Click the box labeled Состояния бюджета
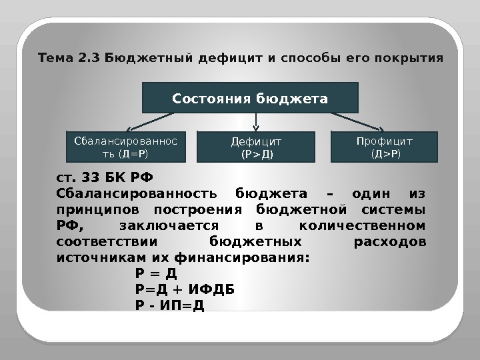pyautogui.click(x=251, y=98)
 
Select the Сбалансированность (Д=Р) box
pyautogui.click(x=125, y=147)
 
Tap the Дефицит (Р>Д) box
pyautogui.click(x=257, y=148)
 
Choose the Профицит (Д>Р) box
pyautogui.click(x=385, y=147)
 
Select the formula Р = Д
pyautogui.click(x=155, y=273)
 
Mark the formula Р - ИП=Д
pyautogui.click(x=169, y=305)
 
